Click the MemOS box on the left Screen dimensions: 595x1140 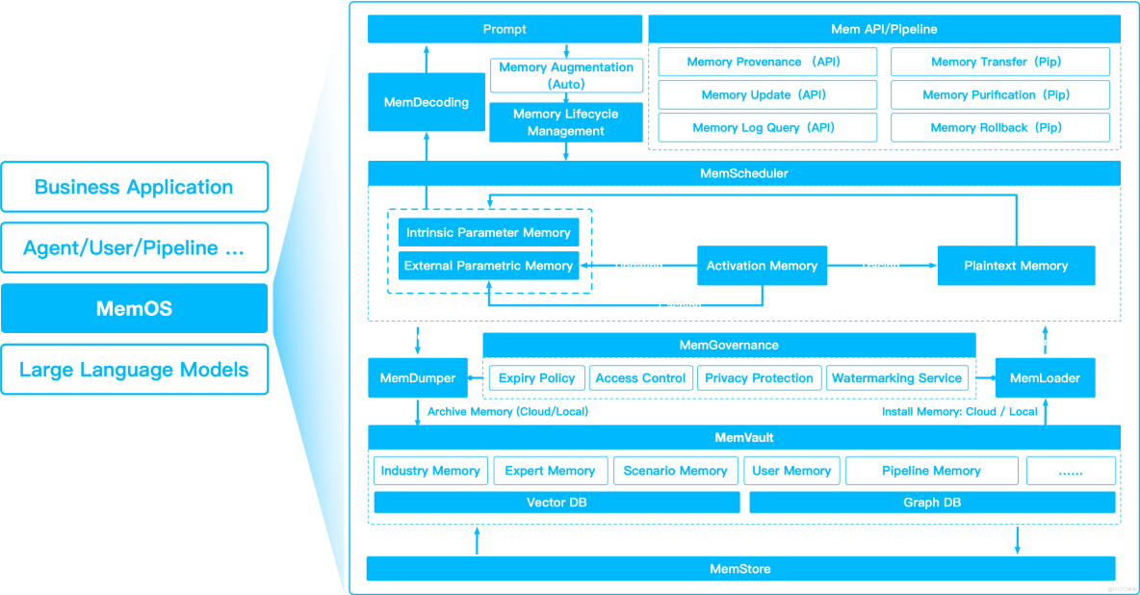(x=135, y=308)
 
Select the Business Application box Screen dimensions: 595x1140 (x=135, y=187)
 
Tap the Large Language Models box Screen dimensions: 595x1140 (x=135, y=370)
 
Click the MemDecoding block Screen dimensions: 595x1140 (x=426, y=102)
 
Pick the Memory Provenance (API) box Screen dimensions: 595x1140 (x=767, y=62)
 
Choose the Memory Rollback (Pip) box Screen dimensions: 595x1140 (x=1000, y=127)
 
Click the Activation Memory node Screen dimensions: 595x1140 (x=762, y=266)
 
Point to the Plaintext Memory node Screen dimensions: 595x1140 (x=1016, y=266)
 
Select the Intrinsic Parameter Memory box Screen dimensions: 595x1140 (x=488, y=233)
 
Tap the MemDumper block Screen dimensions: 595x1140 (x=417, y=378)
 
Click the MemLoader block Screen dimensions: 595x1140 (x=1045, y=378)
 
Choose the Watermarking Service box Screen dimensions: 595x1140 (x=896, y=378)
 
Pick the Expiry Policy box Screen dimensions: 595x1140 (x=536, y=378)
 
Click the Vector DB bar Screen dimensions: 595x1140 (x=557, y=503)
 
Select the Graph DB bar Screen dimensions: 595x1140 (x=932, y=503)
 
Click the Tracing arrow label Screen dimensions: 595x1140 (x=880, y=266)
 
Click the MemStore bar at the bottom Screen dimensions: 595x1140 (x=740, y=569)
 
